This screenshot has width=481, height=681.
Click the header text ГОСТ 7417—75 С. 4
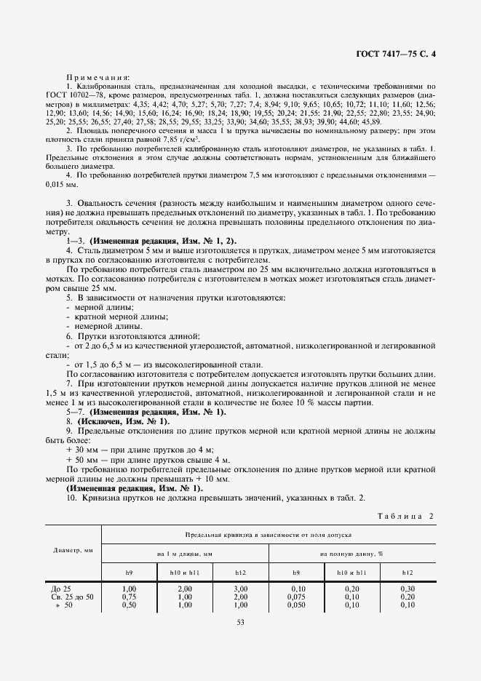click(x=397, y=53)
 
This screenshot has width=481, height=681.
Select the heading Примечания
click(x=98, y=76)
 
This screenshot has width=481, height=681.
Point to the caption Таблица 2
click(x=405, y=517)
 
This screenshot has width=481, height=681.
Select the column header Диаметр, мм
click(x=73, y=551)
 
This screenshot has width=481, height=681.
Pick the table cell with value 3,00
click(x=239, y=588)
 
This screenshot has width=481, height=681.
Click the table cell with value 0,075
click(x=296, y=596)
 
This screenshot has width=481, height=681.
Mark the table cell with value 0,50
click(x=130, y=605)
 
